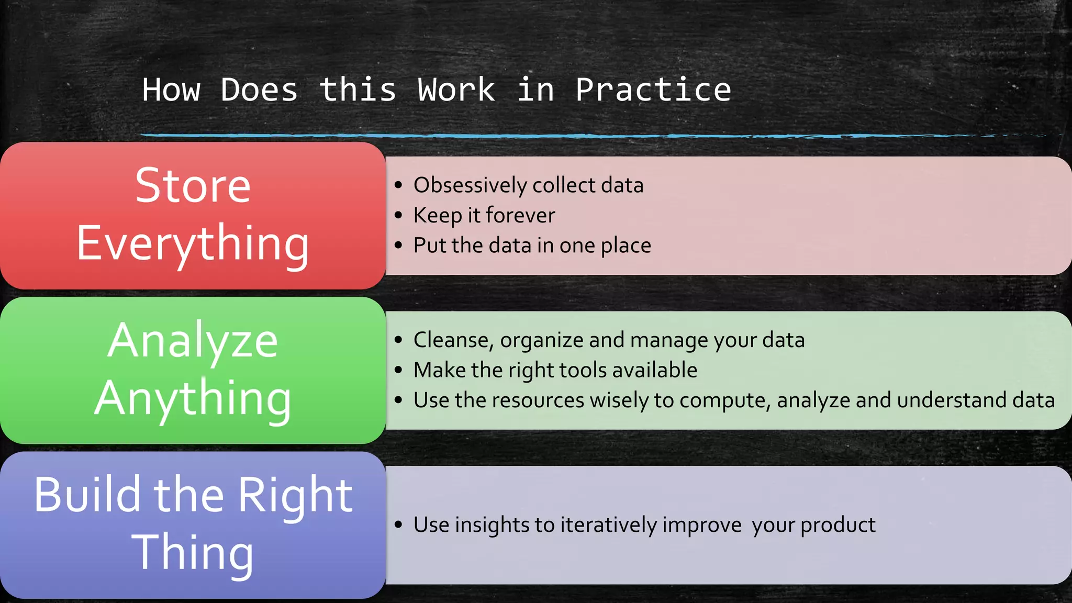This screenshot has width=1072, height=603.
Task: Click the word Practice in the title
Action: pos(653,90)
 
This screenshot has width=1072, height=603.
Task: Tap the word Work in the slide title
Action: pos(456,90)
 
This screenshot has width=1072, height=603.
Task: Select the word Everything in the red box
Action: pos(193,244)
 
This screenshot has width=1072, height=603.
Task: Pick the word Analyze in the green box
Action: pos(193,341)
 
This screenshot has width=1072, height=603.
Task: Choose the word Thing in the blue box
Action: pos(193,553)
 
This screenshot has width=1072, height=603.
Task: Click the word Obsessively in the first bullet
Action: pos(470,185)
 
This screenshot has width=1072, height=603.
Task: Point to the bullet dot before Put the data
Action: pos(399,245)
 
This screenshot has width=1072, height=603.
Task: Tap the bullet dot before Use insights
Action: pos(399,524)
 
